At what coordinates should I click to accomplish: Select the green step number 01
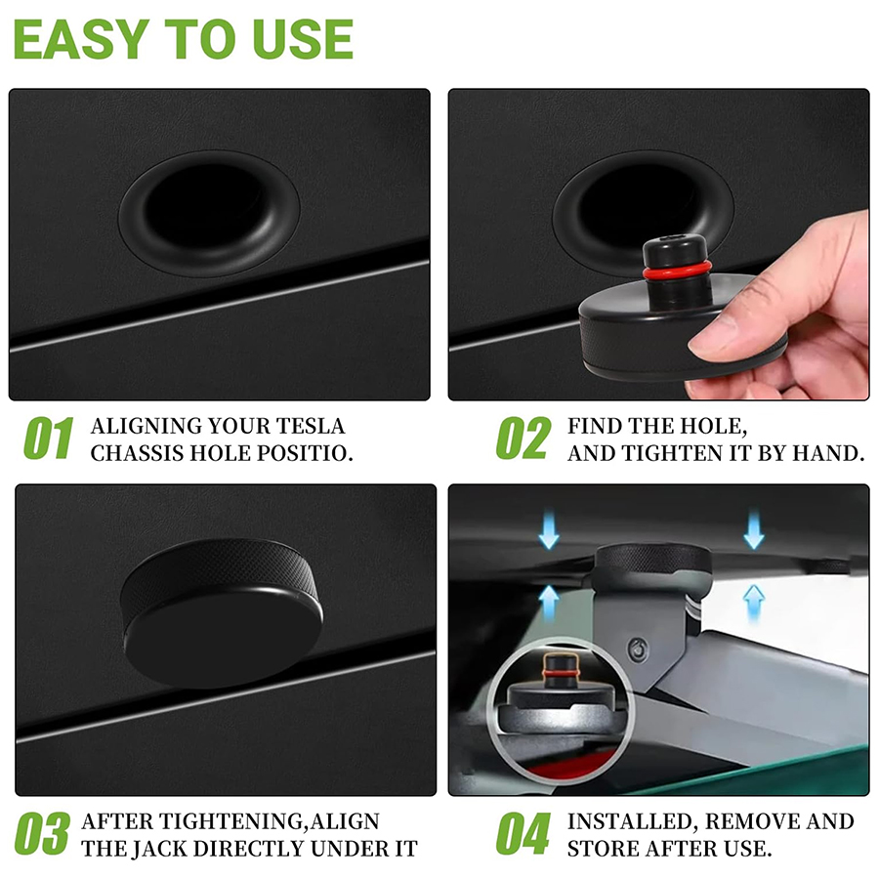pyautogui.click(x=48, y=438)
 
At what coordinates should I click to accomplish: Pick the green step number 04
pyautogui.click(x=523, y=834)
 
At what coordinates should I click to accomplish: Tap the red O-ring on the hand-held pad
pyautogui.click(x=678, y=272)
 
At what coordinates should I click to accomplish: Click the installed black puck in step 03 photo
pyautogui.click(x=222, y=612)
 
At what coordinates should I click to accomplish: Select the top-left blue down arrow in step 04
pyautogui.click(x=548, y=529)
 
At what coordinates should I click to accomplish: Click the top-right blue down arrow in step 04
pyautogui.click(x=753, y=529)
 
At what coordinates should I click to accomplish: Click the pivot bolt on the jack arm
pyautogui.click(x=638, y=649)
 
